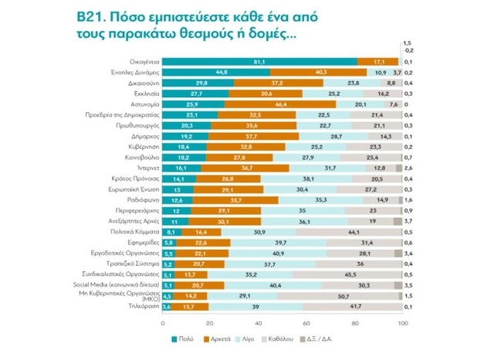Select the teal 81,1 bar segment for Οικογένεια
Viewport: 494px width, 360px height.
pos(258,61)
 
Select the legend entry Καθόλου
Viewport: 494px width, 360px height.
pos(279,338)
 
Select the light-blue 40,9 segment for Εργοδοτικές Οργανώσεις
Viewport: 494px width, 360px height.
pos(276,253)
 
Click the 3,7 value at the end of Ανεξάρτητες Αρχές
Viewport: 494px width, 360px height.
pos(408,220)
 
